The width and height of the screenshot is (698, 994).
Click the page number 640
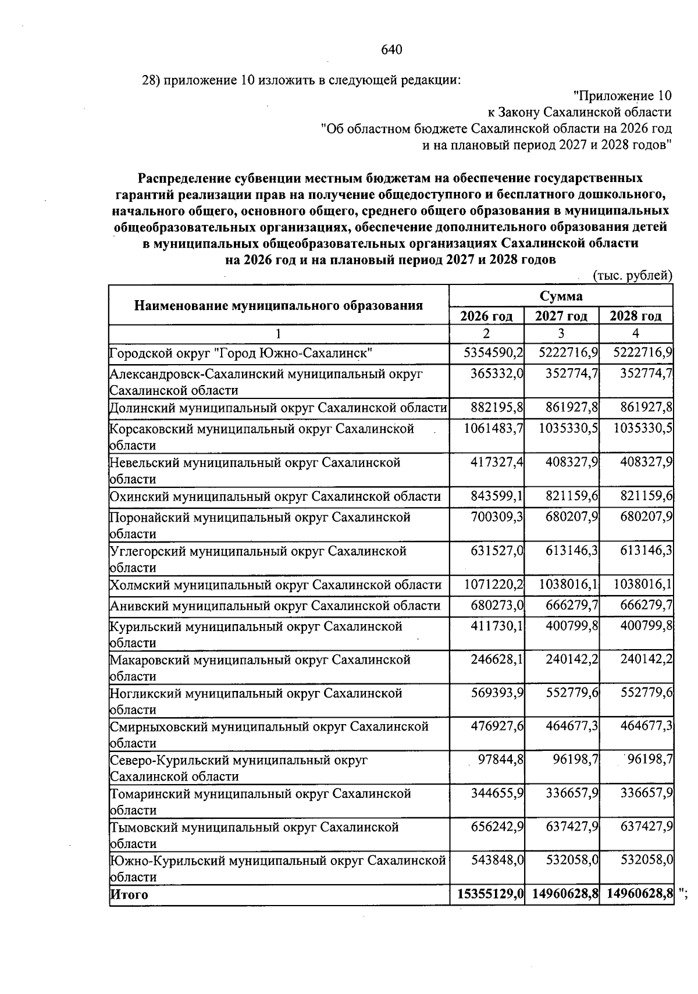pos(391,50)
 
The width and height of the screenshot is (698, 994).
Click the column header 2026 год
pos(486,316)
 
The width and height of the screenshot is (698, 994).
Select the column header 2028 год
pos(635,316)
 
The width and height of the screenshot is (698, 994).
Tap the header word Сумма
pos(561,296)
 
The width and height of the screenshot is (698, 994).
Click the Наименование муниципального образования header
pos(278,305)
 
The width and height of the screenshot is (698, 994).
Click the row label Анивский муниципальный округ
pos(275,606)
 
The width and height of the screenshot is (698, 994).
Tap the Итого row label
pos(129,895)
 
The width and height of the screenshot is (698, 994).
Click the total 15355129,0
pos(487,895)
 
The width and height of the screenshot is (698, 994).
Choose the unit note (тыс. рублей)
pos(632,276)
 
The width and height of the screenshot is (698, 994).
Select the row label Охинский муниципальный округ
pos(275,497)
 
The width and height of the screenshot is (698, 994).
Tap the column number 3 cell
pos(561,334)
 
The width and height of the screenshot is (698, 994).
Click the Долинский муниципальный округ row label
pos(278,408)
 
